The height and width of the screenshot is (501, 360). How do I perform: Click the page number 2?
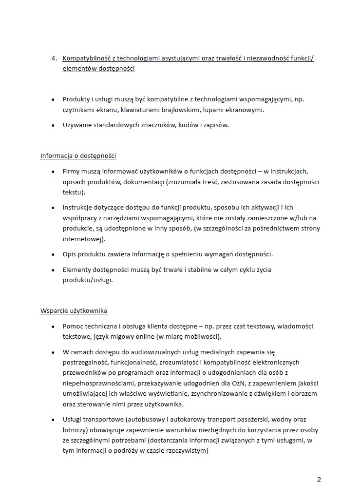tap(319, 480)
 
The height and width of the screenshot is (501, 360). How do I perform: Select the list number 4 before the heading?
tap(54, 59)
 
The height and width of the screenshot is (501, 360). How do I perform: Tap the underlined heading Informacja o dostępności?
tap(78, 156)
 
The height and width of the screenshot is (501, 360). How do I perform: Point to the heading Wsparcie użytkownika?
tap(74, 310)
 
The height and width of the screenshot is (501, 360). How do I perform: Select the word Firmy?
tap(72, 172)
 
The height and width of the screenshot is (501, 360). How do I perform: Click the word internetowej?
tap(83, 239)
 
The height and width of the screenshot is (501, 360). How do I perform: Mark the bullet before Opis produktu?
tap(53, 254)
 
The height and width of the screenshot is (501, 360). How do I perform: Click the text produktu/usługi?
tap(87, 280)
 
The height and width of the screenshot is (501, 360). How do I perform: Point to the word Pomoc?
tap(73, 326)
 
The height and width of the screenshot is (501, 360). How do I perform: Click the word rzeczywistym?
tap(187, 451)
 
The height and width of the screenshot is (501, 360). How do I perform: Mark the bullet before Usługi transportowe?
tap(53, 419)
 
